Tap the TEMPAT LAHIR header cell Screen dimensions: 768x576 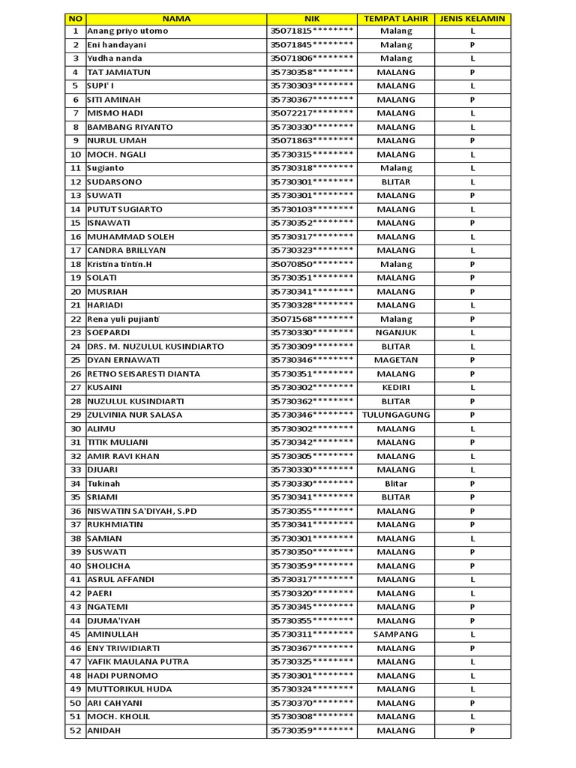[x=395, y=18]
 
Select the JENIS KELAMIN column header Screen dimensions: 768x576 [x=472, y=18]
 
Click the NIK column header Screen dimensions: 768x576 [x=311, y=18]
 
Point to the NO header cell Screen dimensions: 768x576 [x=75, y=18]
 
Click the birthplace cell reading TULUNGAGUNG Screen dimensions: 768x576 [x=395, y=415]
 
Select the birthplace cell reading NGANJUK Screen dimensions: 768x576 [x=395, y=332]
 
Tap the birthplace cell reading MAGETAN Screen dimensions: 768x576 [x=395, y=360]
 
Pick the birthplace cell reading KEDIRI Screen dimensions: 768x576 [x=395, y=388]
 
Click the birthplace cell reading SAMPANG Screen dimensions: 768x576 [x=395, y=634]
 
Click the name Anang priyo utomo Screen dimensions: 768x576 [x=127, y=31]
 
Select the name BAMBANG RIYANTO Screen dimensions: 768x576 [x=130, y=127]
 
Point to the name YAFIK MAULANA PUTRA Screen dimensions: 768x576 [x=138, y=661]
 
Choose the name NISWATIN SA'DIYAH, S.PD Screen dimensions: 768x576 [x=142, y=511]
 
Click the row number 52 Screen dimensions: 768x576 [x=75, y=730]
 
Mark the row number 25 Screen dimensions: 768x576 [x=75, y=360]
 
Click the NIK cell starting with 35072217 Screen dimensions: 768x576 [x=311, y=113]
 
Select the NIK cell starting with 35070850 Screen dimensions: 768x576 [x=311, y=264]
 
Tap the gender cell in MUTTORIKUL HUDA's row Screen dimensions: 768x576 [x=472, y=689]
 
